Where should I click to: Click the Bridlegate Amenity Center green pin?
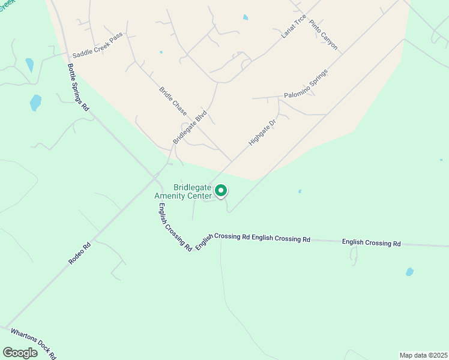point(221,191)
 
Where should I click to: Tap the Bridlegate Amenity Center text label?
point(184,191)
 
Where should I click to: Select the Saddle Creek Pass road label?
point(97,53)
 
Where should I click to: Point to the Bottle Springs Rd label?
point(78,88)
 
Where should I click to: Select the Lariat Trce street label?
point(294,26)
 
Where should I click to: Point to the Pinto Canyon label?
point(324,35)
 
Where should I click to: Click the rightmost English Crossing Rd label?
point(371,243)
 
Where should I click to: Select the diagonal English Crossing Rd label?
point(175,227)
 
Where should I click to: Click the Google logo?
point(20,353)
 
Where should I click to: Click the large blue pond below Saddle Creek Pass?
point(36,103)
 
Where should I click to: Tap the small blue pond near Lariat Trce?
point(246,17)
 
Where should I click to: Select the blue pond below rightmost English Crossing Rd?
point(409,272)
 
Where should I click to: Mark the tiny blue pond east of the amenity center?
point(300,191)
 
